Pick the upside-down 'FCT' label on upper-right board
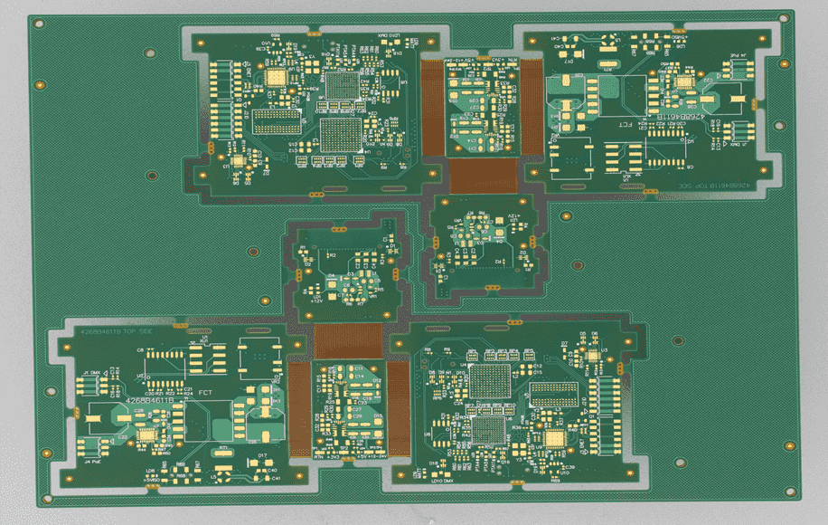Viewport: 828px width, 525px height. point(625,121)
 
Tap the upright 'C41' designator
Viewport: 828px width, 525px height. point(275,477)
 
